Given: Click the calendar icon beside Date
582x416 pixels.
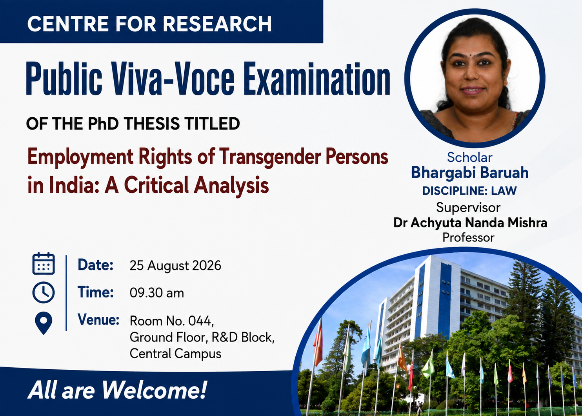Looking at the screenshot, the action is point(44,263).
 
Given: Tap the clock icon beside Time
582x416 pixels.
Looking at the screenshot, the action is point(44,292).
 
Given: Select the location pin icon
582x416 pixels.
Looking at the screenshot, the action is point(44,323).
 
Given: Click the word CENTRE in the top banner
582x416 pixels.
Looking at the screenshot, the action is point(68,24).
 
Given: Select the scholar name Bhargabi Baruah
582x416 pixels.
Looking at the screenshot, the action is point(470,173).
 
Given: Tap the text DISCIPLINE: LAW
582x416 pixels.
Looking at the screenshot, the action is point(469,191).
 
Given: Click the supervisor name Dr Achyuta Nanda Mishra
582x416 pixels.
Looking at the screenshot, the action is point(470,223).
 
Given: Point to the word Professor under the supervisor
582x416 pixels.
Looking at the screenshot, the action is point(468,237).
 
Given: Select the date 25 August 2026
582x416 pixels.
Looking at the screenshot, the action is point(175,265).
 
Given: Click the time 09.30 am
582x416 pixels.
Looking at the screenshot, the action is point(156,293).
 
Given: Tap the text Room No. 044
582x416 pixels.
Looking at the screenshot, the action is point(171,321).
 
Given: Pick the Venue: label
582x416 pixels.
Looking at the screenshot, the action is point(98,319).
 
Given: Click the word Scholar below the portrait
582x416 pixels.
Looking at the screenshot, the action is point(469,157).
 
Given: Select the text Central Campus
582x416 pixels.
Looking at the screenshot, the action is point(175,354).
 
